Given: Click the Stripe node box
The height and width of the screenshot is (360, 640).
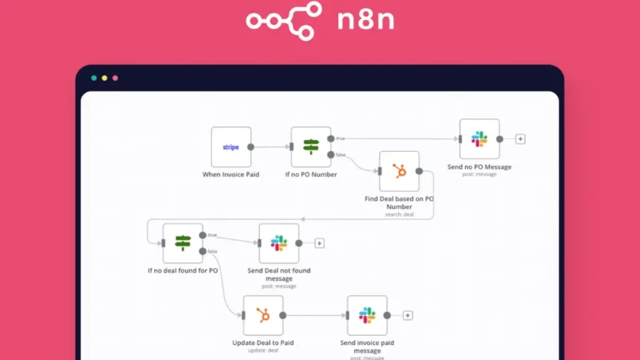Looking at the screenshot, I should coord(231,147).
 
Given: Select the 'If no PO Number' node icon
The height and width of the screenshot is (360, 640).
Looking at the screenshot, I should coord(311,147).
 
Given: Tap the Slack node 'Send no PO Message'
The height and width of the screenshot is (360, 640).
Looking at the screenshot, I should coord(479,139).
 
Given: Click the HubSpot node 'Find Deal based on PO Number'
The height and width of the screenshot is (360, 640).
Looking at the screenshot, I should coord(399,172).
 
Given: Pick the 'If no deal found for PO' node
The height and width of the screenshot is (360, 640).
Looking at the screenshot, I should coord(182,243).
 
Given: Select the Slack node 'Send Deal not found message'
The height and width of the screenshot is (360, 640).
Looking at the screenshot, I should coord(278,243).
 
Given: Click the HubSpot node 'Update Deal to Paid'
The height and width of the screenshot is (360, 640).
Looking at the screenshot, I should coord(262,316).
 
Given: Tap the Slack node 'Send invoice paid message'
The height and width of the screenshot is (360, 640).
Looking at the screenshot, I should coord(367,316).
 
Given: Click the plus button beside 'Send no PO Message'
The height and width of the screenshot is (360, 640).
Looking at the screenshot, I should coord(520,139).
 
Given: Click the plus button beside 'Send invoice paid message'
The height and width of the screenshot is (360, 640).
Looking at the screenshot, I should coord(407,316).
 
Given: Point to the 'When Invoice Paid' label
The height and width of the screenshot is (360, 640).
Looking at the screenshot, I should coord(231,175).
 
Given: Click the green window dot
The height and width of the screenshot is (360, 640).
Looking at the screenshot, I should coord(94,78).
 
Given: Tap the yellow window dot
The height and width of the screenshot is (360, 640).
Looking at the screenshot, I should coord(104,78).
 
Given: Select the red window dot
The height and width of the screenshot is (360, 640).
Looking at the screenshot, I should coord(115,78).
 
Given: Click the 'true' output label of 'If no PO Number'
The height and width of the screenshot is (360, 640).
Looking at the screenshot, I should coord(340,138).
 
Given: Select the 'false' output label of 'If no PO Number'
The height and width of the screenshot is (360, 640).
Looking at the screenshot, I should coord(341,155).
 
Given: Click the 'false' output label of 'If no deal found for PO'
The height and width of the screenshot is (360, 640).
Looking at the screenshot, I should coord(212,251).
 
